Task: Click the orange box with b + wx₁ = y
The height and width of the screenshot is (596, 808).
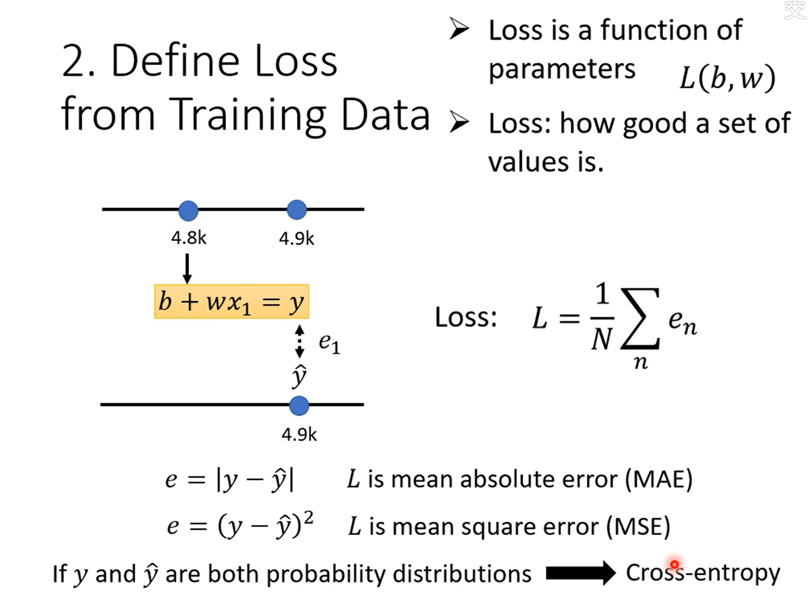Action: pyautogui.click(x=231, y=301)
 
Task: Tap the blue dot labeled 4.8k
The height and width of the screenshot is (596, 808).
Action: pyautogui.click(x=188, y=210)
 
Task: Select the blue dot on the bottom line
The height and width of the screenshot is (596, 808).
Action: pyautogui.click(x=299, y=406)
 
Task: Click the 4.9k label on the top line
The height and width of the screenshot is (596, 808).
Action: pyautogui.click(x=296, y=238)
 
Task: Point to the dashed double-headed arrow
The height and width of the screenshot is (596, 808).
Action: pyautogui.click(x=299, y=341)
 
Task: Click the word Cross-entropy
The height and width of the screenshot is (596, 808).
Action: pyautogui.click(x=703, y=573)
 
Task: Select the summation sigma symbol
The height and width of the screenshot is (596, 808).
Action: pyautogui.click(x=640, y=319)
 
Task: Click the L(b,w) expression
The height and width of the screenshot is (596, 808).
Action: pyautogui.click(x=727, y=78)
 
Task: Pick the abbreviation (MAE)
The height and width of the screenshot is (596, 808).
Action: pyautogui.click(x=658, y=479)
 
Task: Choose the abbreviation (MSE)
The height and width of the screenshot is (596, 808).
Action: pyautogui.click(x=638, y=526)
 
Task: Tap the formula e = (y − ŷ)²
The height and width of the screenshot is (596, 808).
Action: pyautogui.click(x=240, y=525)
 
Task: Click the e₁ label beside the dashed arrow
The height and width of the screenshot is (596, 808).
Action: pyautogui.click(x=329, y=343)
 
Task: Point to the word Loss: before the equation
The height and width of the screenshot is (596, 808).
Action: pyautogui.click(x=466, y=317)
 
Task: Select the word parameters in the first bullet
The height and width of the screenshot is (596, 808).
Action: pyautogui.click(x=562, y=69)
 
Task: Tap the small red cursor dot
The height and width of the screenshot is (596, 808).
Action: pyautogui.click(x=674, y=565)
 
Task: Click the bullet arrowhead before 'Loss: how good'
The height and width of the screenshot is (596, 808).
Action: pyautogui.click(x=459, y=122)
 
